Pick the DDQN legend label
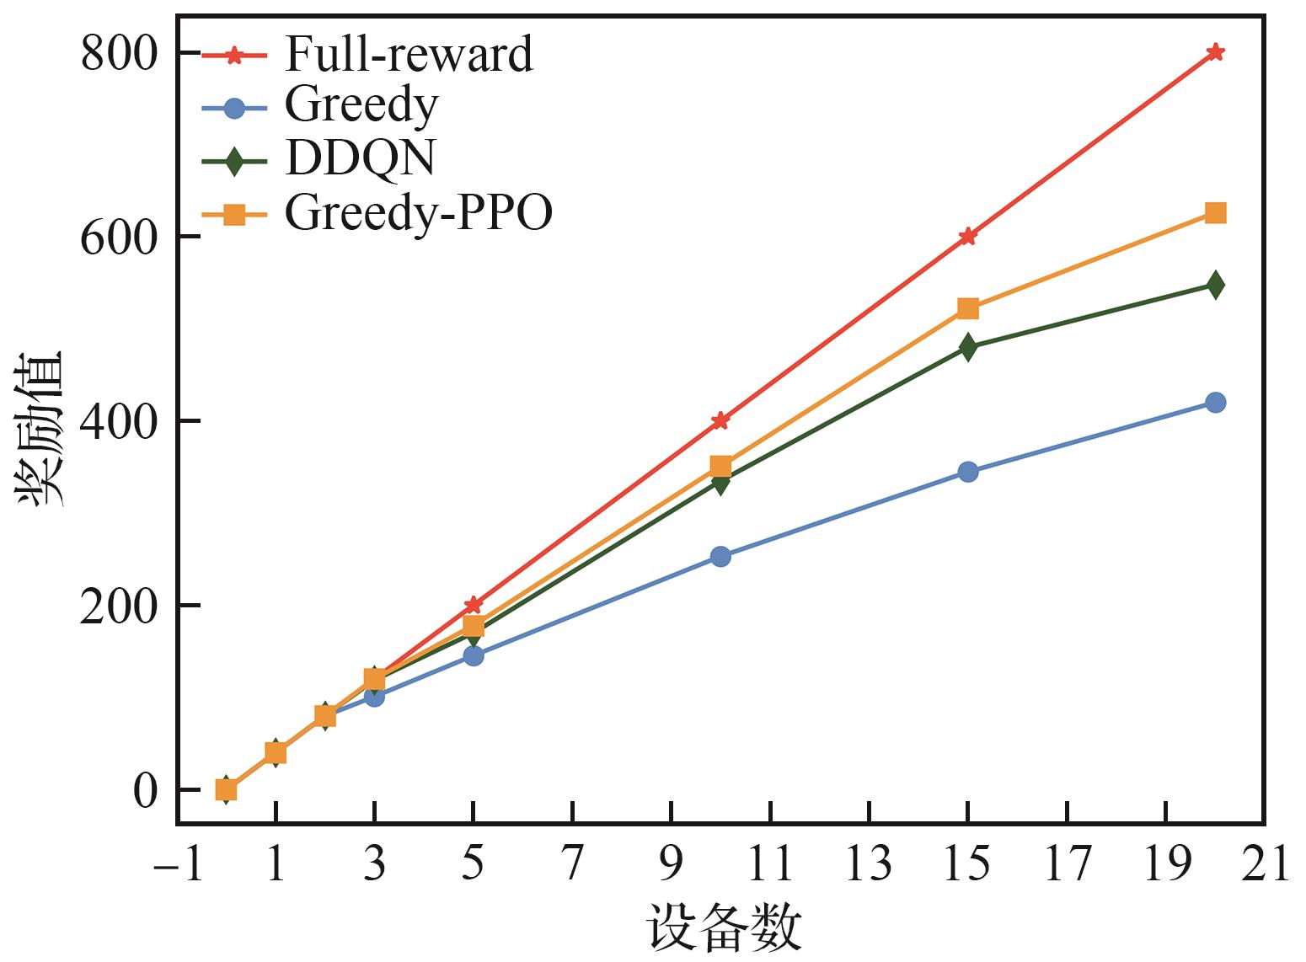pyautogui.click(x=360, y=159)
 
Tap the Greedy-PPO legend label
pyautogui.click(x=418, y=213)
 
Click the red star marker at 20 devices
pyautogui.click(x=1215, y=52)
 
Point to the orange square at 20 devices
pyautogui.click(x=1215, y=213)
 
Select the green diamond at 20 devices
pyautogui.click(x=1215, y=285)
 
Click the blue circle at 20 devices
pyautogui.click(x=1215, y=403)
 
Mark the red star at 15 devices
pyautogui.click(x=968, y=236)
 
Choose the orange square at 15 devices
pyautogui.click(x=968, y=308)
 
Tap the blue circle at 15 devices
pyautogui.click(x=968, y=472)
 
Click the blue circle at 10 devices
pyautogui.click(x=720, y=556)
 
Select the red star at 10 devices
pyautogui.click(x=720, y=420)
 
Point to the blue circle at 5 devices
pyautogui.click(x=474, y=655)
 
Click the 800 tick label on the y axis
pyautogui.click(x=120, y=54)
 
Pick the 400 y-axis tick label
pyautogui.click(x=120, y=421)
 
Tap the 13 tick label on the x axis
pyautogui.click(x=869, y=864)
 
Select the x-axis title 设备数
pyautogui.click(x=723, y=930)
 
